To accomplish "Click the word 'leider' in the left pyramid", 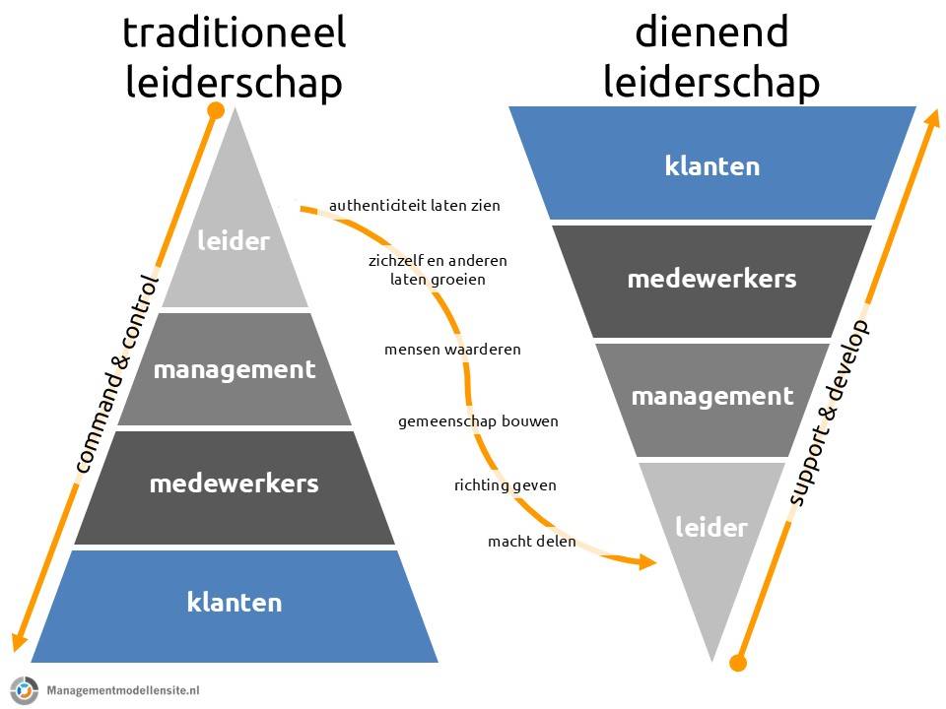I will click(234, 240).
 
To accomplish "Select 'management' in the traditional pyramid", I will click(235, 370).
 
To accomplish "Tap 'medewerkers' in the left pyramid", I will click(235, 483).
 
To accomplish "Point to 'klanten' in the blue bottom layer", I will click(235, 602).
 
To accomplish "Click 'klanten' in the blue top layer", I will click(711, 165).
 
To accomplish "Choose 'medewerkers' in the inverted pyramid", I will click(711, 279).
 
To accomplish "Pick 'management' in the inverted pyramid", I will click(711, 396).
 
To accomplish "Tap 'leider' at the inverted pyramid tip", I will click(710, 528).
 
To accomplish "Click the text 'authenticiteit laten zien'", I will click(415, 206).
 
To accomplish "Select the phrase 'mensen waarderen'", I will click(452, 350).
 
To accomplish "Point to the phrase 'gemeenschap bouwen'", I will click(478, 421).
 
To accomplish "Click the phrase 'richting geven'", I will click(506, 485).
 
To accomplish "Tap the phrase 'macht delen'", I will click(532, 542).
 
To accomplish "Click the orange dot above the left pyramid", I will click(216, 110).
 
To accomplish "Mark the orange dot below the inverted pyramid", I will click(738, 662).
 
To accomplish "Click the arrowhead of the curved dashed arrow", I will click(647, 561).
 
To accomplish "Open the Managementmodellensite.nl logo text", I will click(122, 689).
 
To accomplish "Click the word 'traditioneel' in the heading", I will click(234, 33).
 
